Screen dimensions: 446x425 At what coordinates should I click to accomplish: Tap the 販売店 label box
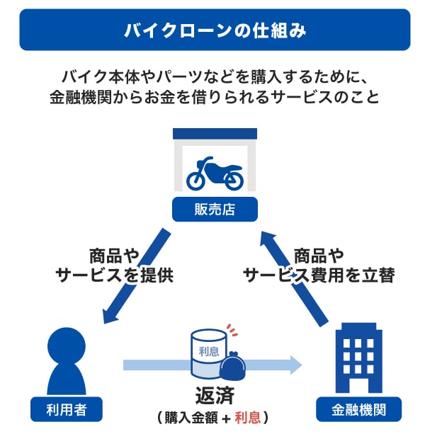pyautogui.click(x=215, y=209)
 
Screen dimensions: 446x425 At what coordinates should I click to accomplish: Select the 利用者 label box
pyautogui.click(x=66, y=408)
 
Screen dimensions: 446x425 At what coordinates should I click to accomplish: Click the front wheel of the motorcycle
pyautogui.click(x=233, y=179)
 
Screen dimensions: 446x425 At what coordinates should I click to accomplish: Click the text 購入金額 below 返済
pyautogui.click(x=191, y=418)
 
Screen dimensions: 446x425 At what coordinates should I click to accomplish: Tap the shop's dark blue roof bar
pyautogui.click(x=215, y=133)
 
